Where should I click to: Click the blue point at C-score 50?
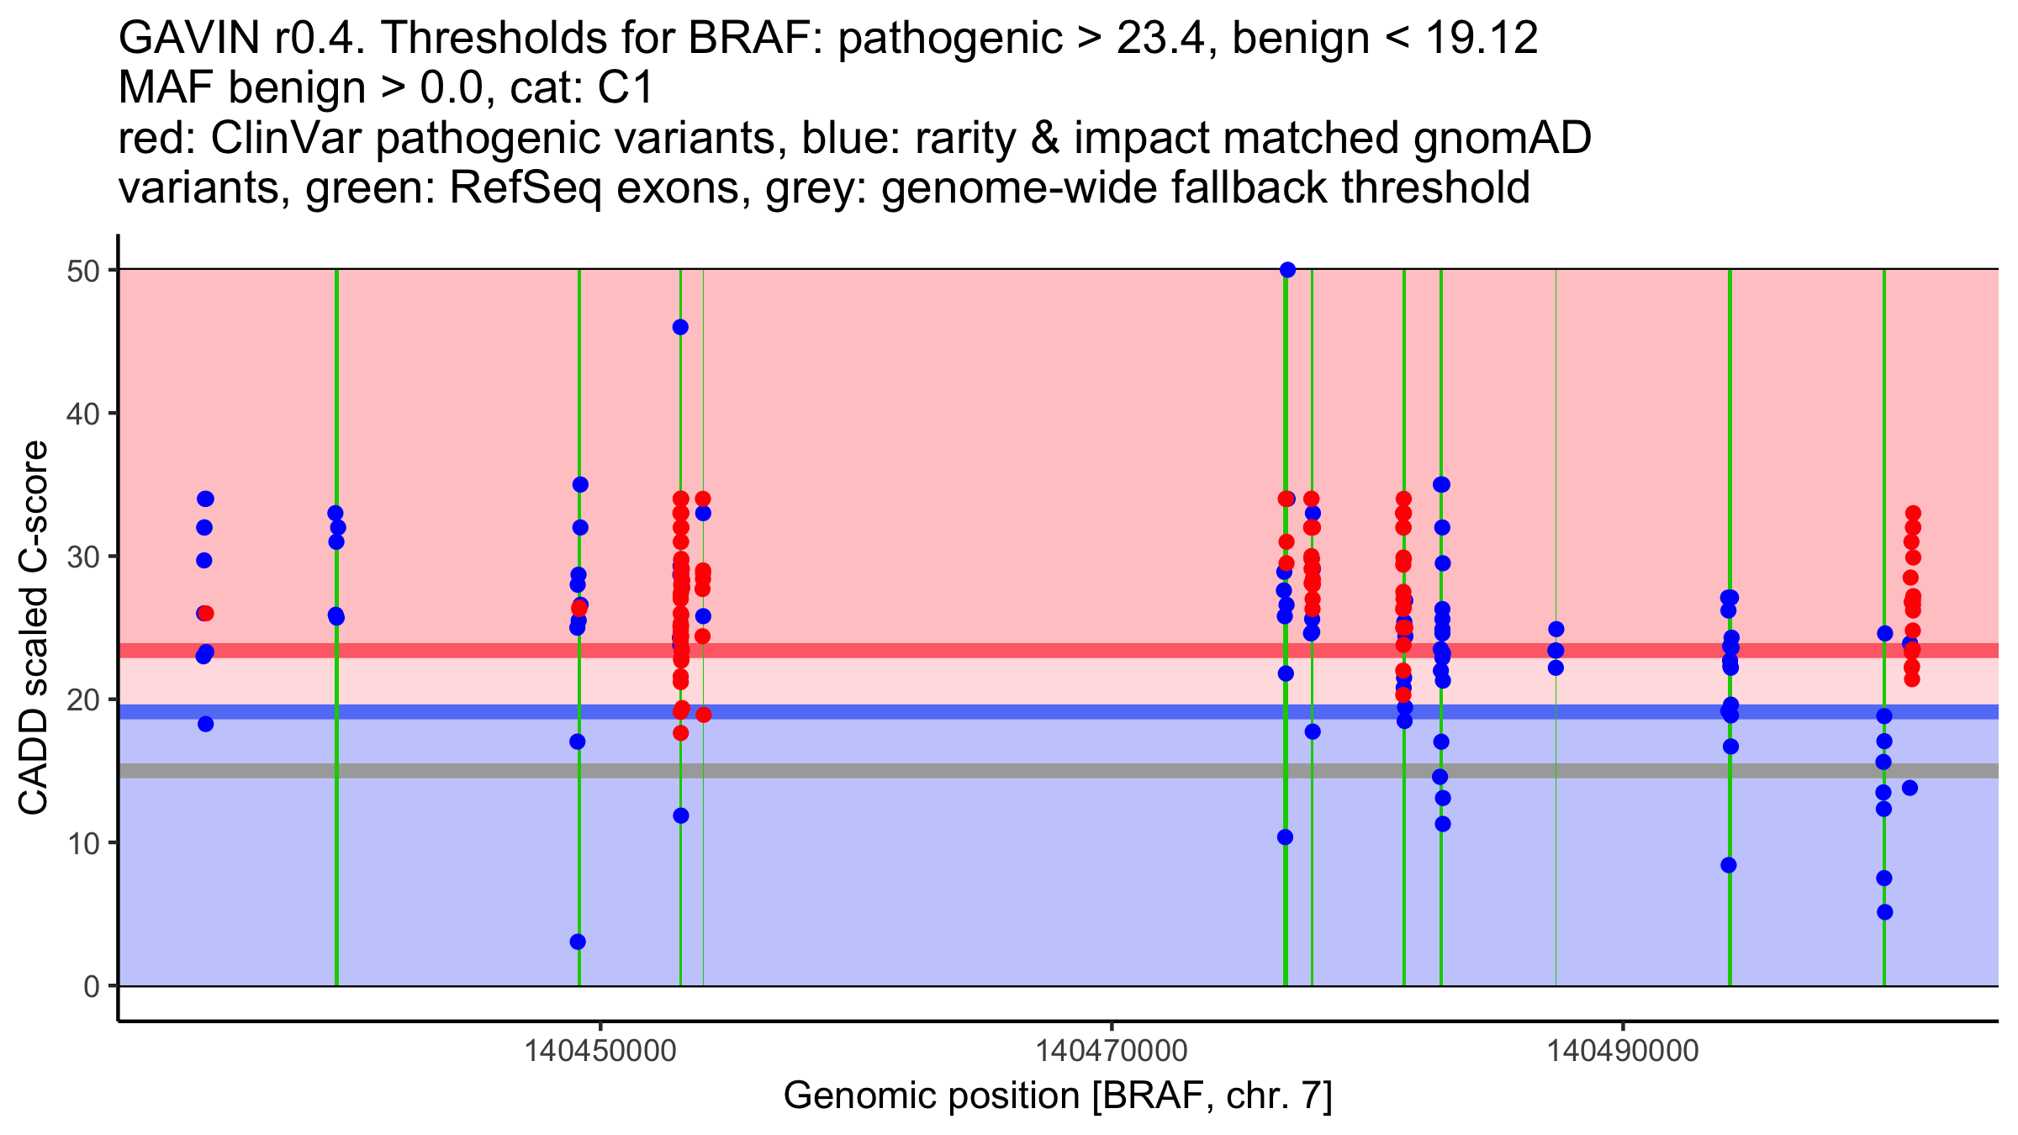click(1287, 270)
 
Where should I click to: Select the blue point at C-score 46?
click(680, 327)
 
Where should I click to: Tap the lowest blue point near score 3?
click(578, 942)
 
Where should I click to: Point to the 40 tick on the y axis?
click(113, 413)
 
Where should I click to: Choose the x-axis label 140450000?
click(600, 1051)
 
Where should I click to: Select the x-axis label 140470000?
click(1112, 1051)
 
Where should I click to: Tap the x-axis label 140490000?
click(1623, 1051)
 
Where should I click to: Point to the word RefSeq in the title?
click(525, 188)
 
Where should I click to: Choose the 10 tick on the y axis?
click(113, 842)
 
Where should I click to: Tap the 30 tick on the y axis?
click(113, 557)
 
